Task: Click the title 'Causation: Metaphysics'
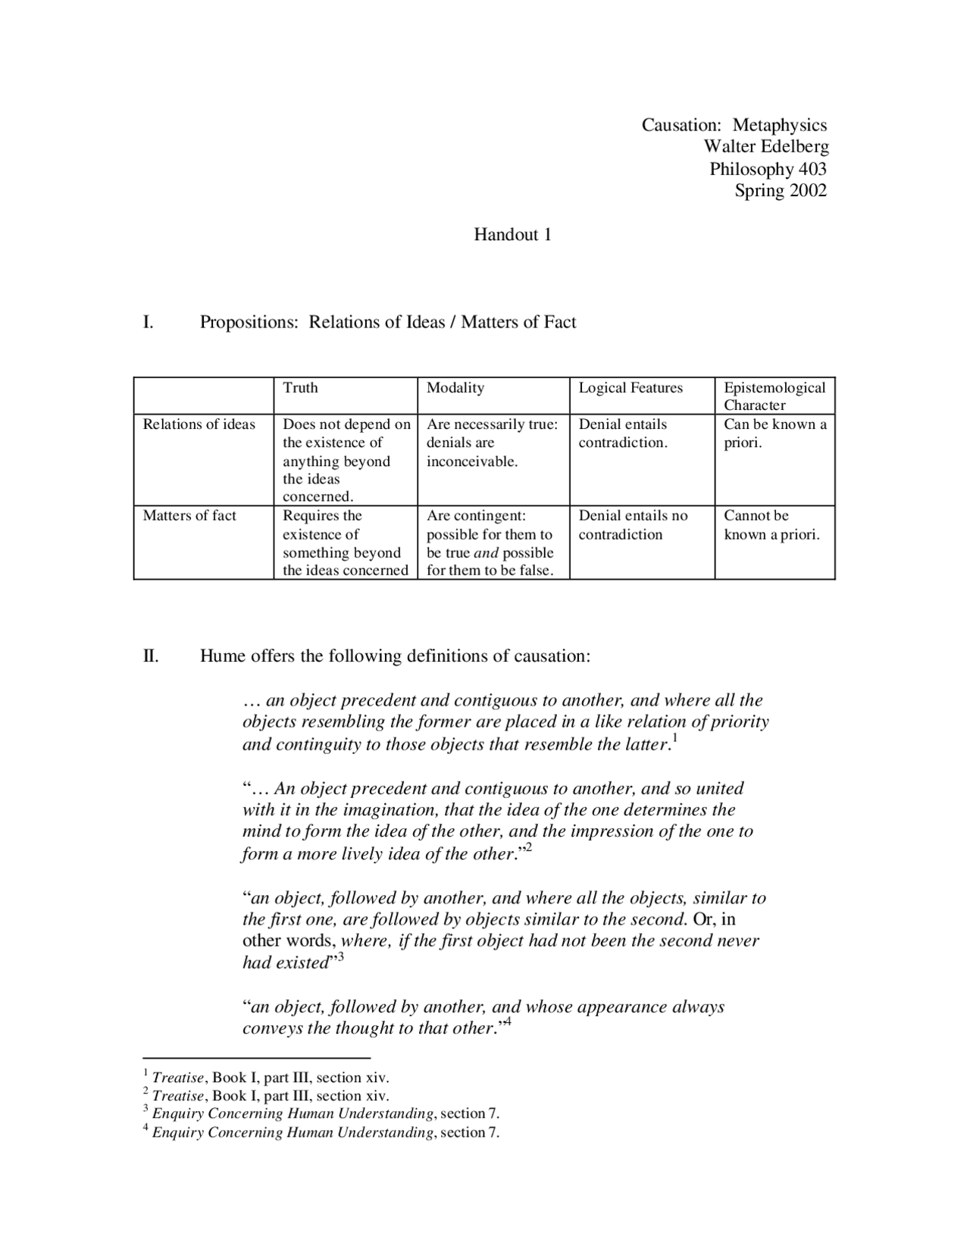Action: [x=734, y=125]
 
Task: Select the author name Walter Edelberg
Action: [x=765, y=146]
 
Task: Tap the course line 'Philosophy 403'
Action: [x=767, y=168]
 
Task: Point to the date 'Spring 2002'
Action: [x=780, y=189]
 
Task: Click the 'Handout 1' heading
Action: [x=512, y=234]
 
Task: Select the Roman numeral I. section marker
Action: [x=148, y=322]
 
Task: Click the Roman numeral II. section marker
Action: [x=151, y=656]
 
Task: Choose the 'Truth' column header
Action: [x=300, y=388]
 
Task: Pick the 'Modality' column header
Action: [x=455, y=388]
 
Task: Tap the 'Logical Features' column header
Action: [x=630, y=388]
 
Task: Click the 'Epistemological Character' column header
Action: [x=774, y=396]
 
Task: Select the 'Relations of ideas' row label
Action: [x=199, y=424]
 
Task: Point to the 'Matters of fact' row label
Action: [x=189, y=516]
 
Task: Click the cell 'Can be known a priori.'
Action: [x=774, y=433]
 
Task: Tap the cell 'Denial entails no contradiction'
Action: [x=633, y=525]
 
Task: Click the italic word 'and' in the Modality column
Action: [x=486, y=552]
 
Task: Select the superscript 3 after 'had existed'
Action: [x=340, y=957]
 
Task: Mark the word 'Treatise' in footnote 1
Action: [x=178, y=1078]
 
